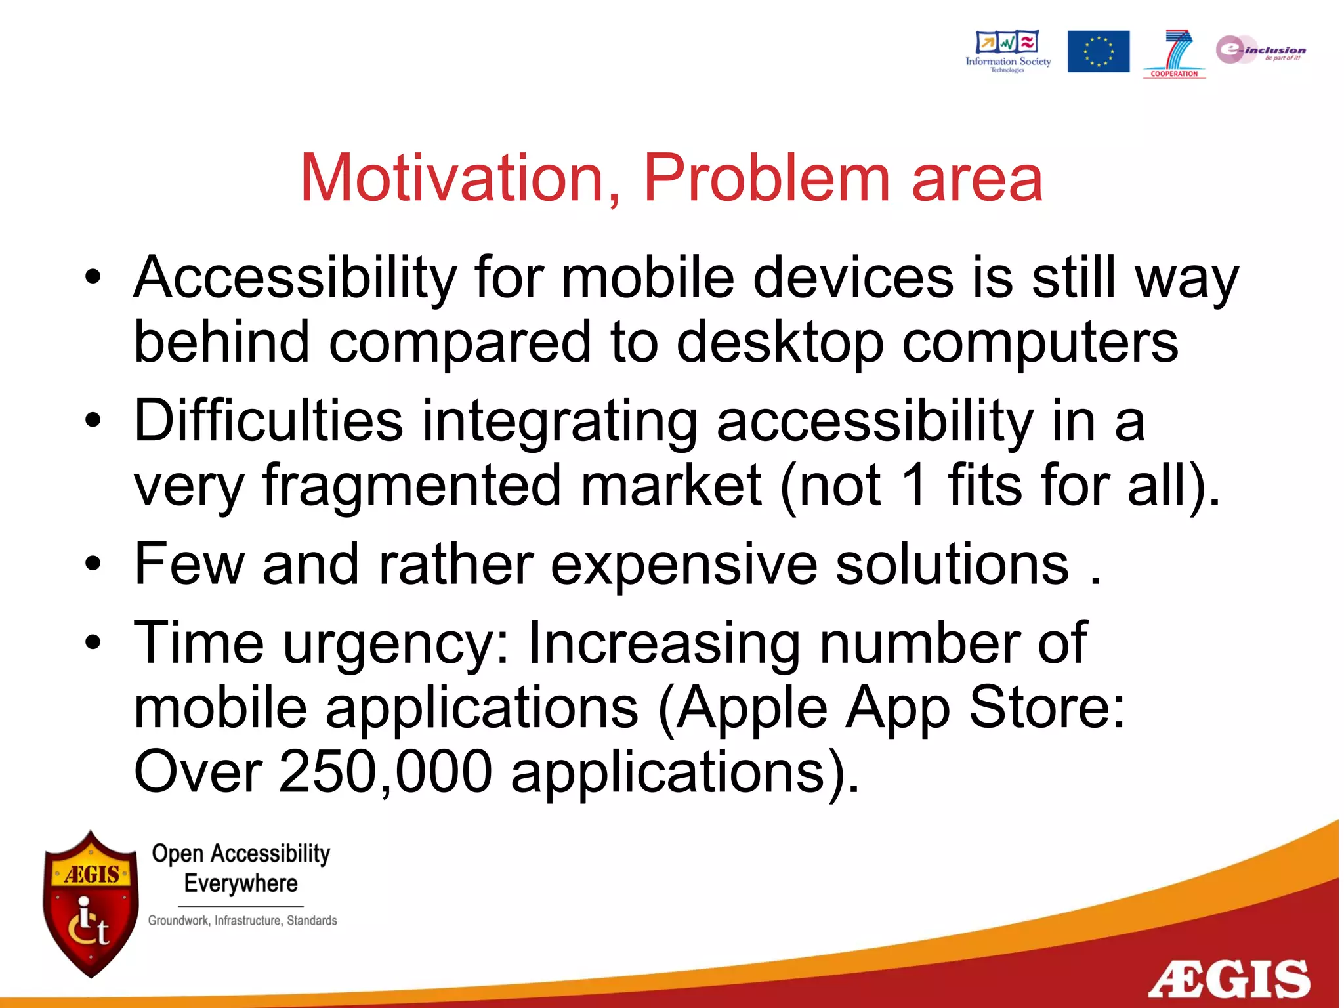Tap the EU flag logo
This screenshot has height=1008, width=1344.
(1098, 51)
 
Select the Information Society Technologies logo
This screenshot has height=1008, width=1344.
(1008, 51)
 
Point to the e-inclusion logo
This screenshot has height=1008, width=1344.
(1260, 50)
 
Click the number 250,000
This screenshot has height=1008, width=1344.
(385, 772)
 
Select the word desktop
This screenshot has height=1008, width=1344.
(780, 343)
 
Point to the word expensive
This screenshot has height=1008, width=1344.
(682, 564)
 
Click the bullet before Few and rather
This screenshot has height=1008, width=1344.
(93, 563)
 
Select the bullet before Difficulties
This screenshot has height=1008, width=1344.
(93, 420)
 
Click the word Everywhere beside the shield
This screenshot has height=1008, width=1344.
(241, 883)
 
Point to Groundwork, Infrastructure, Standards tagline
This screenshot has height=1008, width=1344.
(242, 921)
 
